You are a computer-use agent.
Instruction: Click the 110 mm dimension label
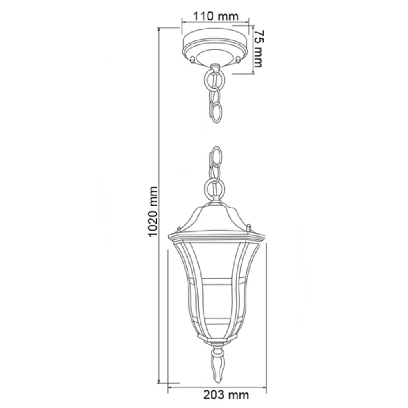(x=215, y=16)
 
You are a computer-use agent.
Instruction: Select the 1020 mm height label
(x=152, y=212)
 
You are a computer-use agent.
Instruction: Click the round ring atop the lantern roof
(x=215, y=188)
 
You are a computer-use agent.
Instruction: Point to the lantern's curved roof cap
(x=215, y=218)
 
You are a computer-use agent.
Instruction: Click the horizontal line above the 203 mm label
(x=216, y=385)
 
